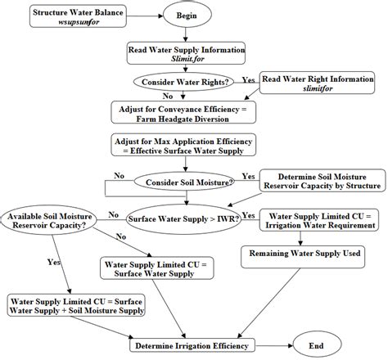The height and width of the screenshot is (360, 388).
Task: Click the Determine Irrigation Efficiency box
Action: pyautogui.click(x=187, y=345)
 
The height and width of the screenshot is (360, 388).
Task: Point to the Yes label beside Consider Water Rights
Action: pyautogui.click(x=246, y=79)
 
